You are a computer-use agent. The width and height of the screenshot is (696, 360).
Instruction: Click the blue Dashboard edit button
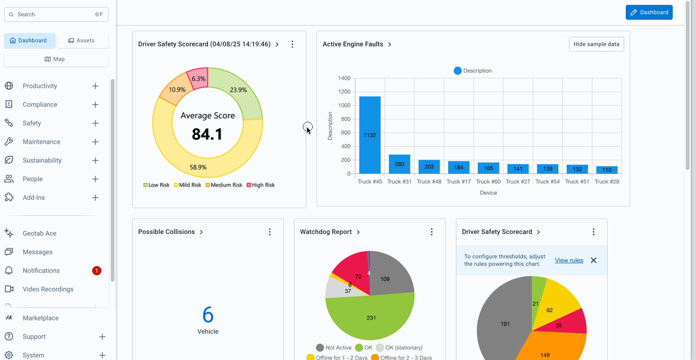[x=649, y=13]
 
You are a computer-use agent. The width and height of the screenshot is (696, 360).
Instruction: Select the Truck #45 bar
[x=370, y=135]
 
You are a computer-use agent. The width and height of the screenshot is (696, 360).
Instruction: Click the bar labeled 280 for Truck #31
[x=399, y=164]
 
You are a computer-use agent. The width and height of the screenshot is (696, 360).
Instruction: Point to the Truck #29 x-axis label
[x=607, y=182]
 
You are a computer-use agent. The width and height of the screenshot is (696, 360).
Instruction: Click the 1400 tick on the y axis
[x=344, y=78]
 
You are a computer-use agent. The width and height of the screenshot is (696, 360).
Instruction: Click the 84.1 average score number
[x=207, y=134]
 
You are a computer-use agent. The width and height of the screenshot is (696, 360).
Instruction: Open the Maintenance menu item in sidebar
[x=41, y=142]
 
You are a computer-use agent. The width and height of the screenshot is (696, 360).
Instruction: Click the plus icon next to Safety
[x=95, y=123]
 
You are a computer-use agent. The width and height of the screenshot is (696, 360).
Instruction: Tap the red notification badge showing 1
[x=96, y=271]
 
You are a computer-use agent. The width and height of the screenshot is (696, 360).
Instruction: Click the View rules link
[x=569, y=260]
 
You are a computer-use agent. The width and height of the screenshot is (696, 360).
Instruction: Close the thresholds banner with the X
[x=593, y=260]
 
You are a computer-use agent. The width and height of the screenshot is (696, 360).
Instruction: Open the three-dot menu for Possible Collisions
[x=270, y=232]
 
